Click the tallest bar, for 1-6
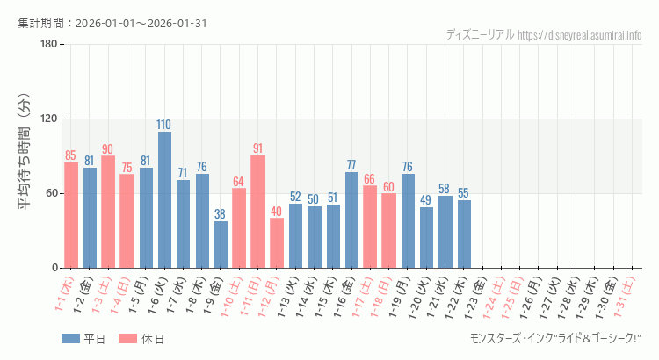[x=164, y=200]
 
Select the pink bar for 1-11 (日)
[x=257, y=212]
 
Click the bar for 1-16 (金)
[x=351, y=220]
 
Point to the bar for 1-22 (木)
[x=464, y=234]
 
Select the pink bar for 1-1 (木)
[x=71, y=215]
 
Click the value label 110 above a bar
[x=164, y=125]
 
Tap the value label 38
[x=221, y=214]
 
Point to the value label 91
[x=257, y=148]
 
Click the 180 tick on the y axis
[x=49, y=45]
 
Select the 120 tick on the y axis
[x=49, y=119]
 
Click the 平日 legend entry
[x=83, y=339]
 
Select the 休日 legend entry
[x=141, y=339]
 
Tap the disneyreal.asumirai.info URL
[x=579, y=35]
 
